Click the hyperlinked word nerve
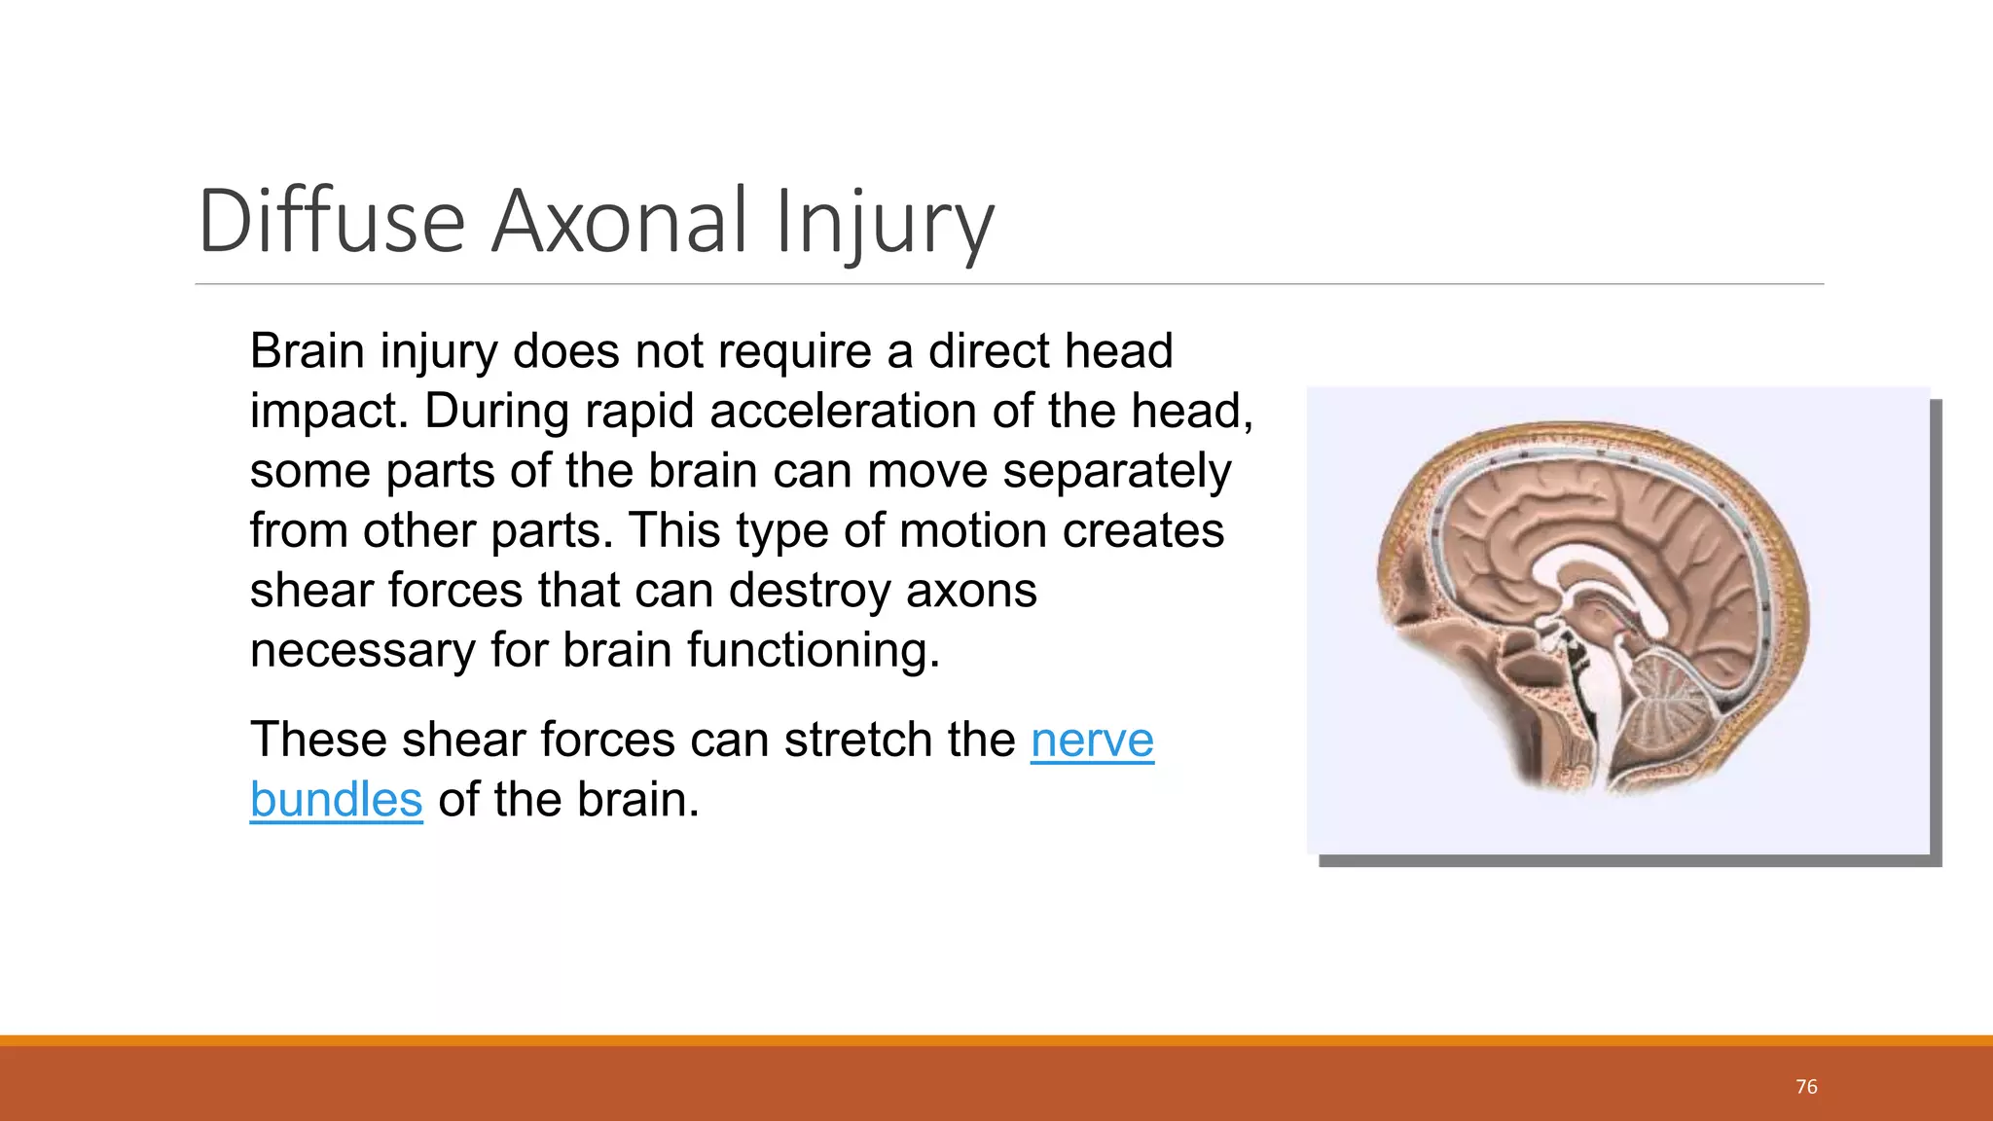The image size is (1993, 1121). tap(1092, 740)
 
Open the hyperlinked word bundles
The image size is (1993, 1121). tap(336, 800)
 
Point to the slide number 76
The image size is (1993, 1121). tap(1806, 1087)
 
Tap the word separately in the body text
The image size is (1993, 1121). tap(1116, 472)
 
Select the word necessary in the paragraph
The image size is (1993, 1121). tap(362, 650)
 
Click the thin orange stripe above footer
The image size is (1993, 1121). tap(996, 1040)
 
